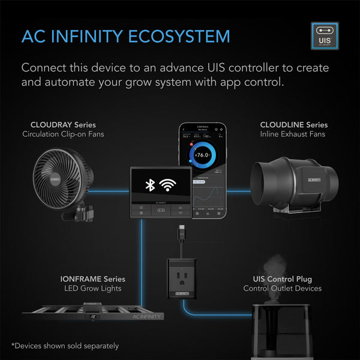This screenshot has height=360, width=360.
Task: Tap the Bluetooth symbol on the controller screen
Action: click(151, 184)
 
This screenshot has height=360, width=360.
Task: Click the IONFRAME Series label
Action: click(92, 279)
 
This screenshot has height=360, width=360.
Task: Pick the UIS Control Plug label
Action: click(282, 279)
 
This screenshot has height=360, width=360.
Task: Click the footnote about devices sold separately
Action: click(65, 346)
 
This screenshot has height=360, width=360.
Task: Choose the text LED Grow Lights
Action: click(92, 289)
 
